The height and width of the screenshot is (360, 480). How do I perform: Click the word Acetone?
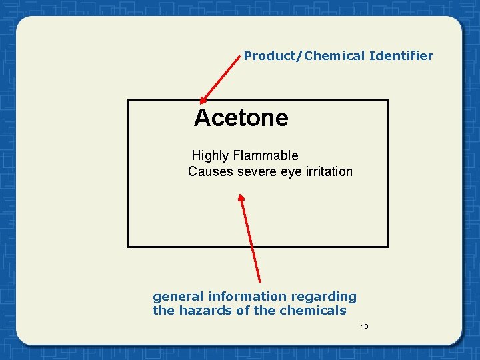241,118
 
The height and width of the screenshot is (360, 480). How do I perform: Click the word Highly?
210,156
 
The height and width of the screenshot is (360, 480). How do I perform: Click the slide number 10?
364,326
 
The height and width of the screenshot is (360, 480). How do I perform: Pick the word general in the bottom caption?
178,297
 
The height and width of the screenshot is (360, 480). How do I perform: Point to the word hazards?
204,311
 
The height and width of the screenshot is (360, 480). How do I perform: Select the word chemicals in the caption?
313,311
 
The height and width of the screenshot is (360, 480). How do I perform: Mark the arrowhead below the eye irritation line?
241,198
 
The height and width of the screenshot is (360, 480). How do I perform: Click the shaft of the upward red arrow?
251,240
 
